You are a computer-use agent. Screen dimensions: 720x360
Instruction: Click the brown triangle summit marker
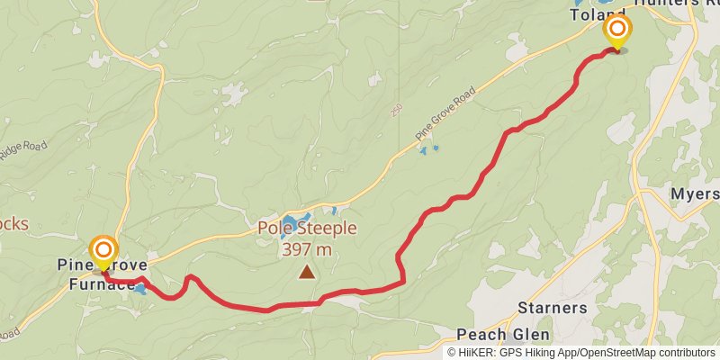(307, 270)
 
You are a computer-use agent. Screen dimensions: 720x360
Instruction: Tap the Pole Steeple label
(307, 229)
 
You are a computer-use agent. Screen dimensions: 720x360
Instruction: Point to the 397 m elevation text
(307, 248)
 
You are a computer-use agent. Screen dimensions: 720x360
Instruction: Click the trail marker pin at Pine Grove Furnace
(103, 251)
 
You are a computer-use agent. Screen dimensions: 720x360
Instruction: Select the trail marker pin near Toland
(617, 31)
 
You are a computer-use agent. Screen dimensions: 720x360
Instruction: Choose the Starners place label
(553, 308)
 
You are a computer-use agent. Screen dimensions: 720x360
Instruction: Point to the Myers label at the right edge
(695, 194)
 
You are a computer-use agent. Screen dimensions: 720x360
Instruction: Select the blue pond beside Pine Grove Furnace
(139, 289)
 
